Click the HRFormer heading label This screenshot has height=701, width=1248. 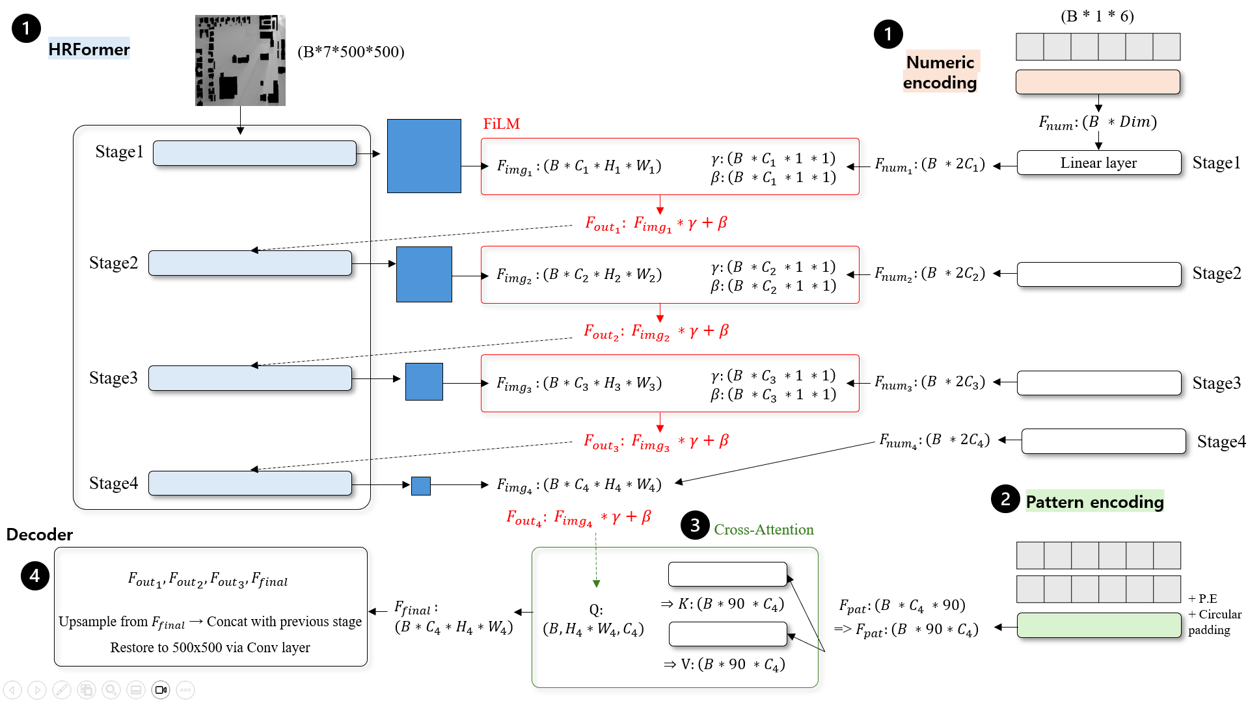pyautogui.click(x=88, y=49)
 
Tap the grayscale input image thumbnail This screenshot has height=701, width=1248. pyautogui.click(x=240, y=60)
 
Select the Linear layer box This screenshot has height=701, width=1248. pyautogui.click(x=1098, y=163)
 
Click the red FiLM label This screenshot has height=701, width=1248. pyautogui.click(x=501, y=124)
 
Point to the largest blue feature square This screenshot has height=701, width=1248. pyautogui.click(x=424, y=156)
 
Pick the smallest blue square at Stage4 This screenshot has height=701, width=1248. pyautogui.click(x=420, y=486)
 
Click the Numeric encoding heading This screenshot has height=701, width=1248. pyautogui.click(x=940, y=72)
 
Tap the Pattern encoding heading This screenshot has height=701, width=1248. pyautogui.click(x=1094, y=501)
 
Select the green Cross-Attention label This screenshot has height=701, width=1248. pyautogui.click(x=764, y=529)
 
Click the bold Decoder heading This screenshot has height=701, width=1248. pyautogui.click(x=40, y=535)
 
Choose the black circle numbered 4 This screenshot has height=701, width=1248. pyautogui.click(x=34, y=575)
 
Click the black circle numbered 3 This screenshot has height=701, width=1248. pyautogui.click(x=695, y=525)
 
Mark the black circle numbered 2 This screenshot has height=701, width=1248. pyautogui.click(x=1005, y=499)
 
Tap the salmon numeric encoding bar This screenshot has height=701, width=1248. pyautogui.click(x=1098, y=82)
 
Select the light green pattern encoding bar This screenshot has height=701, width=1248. pyautogui.click(x=1099, y=625)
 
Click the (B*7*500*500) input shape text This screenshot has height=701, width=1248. pyautogui.click(x=351, y=52)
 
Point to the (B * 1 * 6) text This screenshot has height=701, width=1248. pyautogui.click(x=1097, y=16)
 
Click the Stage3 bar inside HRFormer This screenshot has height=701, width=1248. pyautogui.click(x=250, y=378)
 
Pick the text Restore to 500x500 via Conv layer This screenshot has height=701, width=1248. pyautogui.click(x=210, y=648)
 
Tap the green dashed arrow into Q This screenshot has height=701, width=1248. pyautogui.click(x=596, y=560)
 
